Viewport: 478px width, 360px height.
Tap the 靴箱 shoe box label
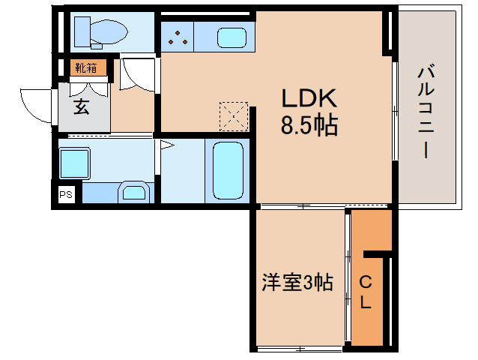point(85,68)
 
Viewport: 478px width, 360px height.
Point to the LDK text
point(309,98)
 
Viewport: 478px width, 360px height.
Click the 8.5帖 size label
point(309,124)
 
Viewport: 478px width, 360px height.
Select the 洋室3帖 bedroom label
point(297,283)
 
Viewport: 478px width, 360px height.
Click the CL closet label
point(366,292)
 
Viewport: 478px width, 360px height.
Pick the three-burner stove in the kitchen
point(178,36)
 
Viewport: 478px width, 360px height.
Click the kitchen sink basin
point(231,36)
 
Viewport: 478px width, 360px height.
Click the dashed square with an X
point(234,116)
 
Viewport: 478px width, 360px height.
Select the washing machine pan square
point(75,162)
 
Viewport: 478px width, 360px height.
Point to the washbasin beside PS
point(135,192)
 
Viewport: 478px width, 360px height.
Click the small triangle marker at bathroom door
point(167,145)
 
